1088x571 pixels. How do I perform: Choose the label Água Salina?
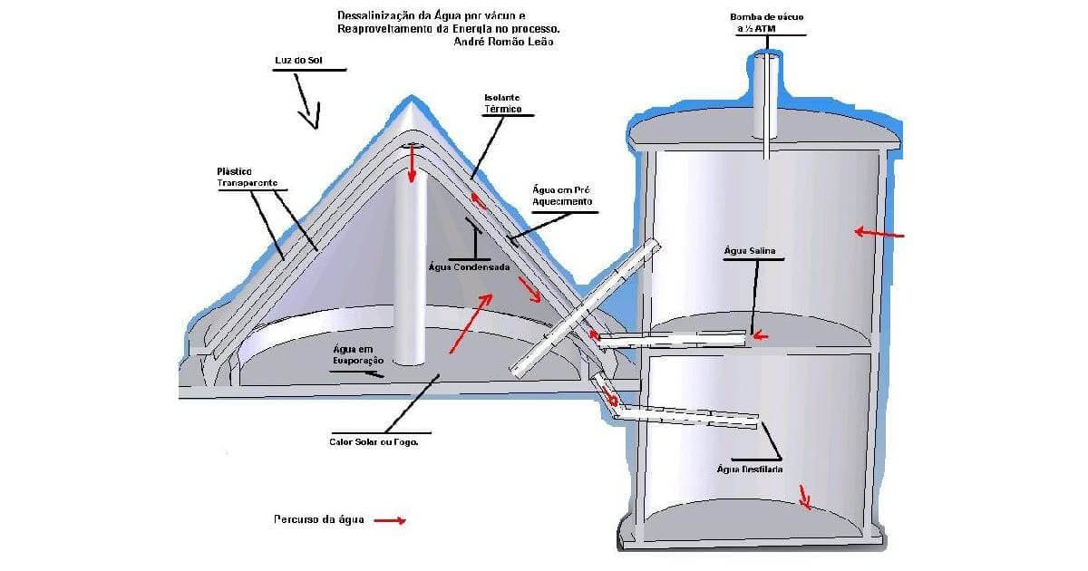(750, 250)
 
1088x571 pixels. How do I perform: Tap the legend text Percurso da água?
(318, 519)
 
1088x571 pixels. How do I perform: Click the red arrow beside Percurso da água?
(390, 520)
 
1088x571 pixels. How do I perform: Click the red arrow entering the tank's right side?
(879, 234)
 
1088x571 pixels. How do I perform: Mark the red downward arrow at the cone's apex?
(412, 164)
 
